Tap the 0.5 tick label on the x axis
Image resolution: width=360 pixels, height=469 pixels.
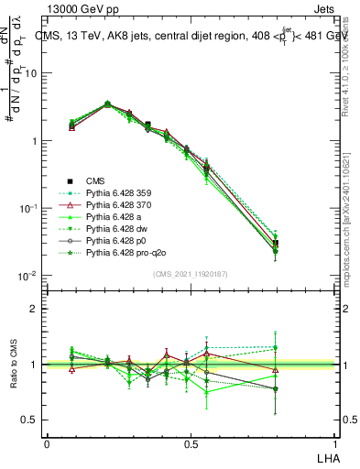click(191, 442)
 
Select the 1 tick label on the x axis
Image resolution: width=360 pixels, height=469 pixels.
click(335, 442)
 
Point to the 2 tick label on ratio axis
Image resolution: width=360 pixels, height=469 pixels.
click(33, 309)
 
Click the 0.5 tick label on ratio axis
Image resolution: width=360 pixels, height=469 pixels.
click(29, 420)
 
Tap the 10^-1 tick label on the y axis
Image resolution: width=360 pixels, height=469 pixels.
click(27, 209)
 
